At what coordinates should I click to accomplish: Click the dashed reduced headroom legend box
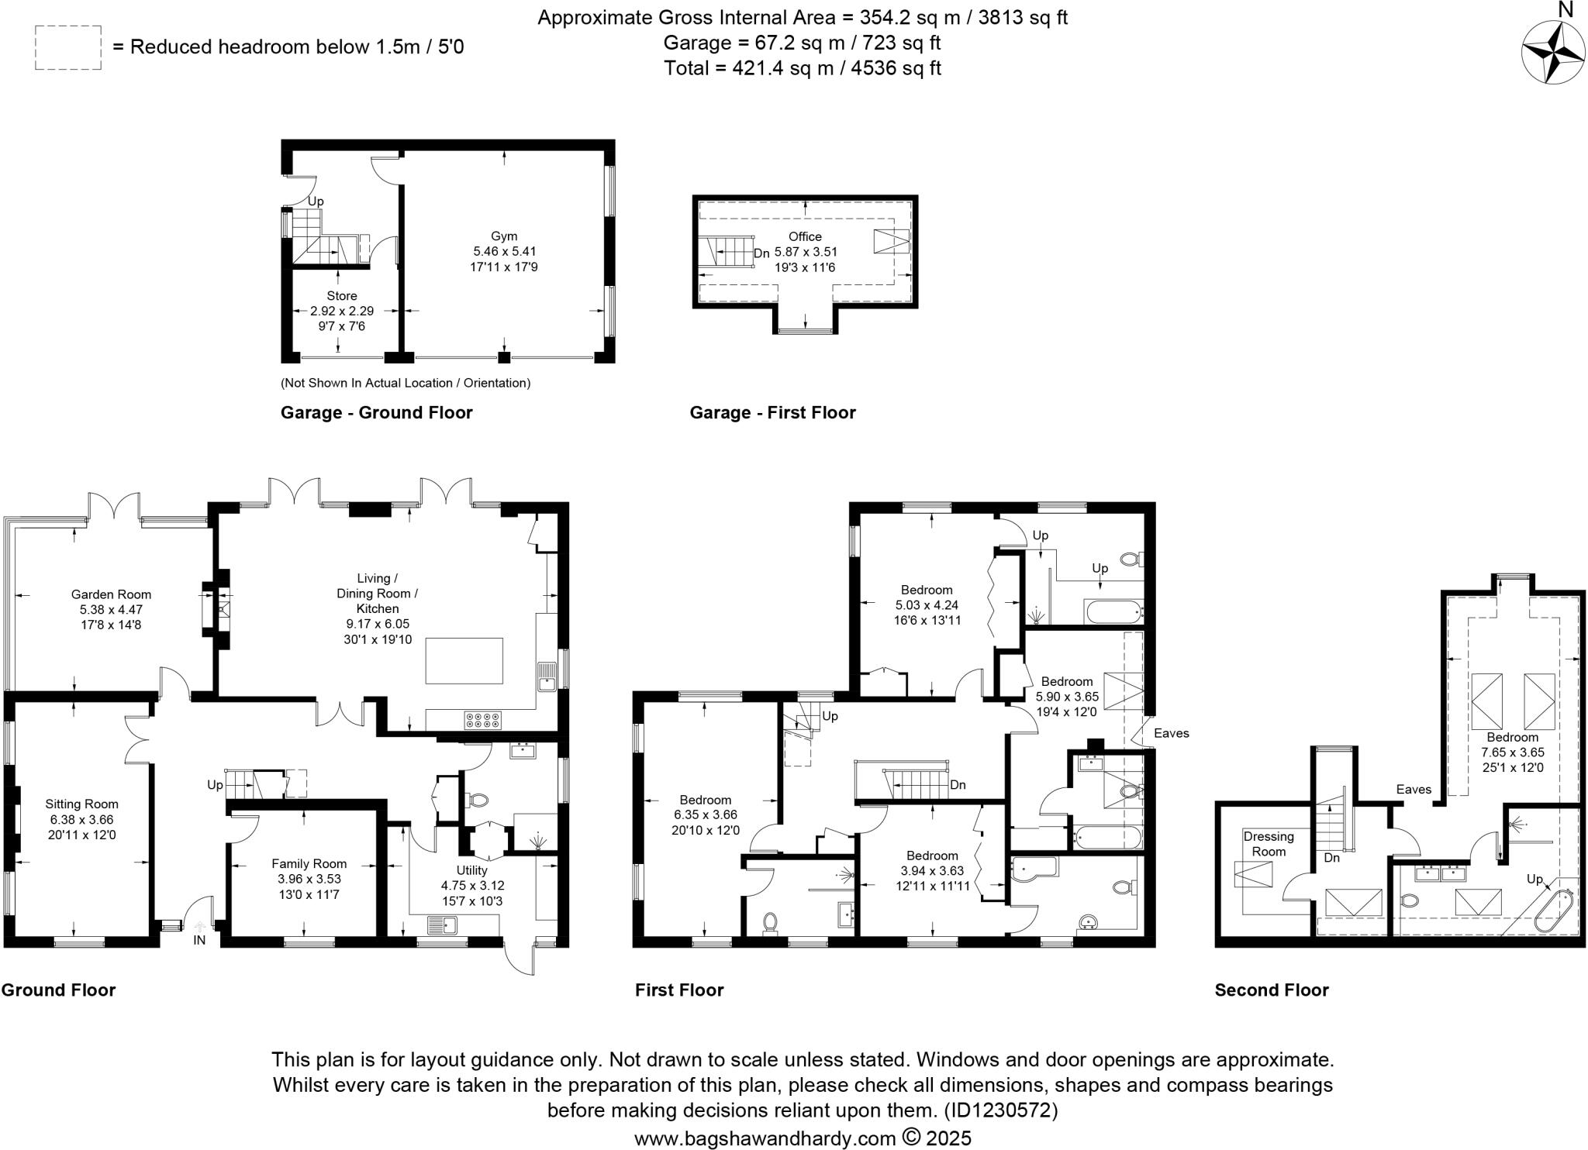point(68,48)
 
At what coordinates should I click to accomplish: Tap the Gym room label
point(504,236)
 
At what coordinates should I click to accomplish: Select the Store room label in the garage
point(342,296)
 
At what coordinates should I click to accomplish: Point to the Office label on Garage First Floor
point(805,236)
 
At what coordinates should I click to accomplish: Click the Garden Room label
point(111,594)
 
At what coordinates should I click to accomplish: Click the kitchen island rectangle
point(464,660)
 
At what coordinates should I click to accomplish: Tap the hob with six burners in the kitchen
point(482,720)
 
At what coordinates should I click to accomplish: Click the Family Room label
point(309,863)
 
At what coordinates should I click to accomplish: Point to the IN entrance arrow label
point(199,940)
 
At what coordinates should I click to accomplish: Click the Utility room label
point(471,870)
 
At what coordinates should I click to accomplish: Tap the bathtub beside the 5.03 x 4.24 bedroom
point(1113,612)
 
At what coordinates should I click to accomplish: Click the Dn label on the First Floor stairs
point(958,785)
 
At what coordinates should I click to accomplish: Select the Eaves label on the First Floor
point(1171,733)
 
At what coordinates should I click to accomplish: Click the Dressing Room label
point(1269,843)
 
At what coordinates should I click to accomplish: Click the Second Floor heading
point(1272,990)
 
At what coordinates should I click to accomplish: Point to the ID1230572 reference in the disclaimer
point(1000,1110)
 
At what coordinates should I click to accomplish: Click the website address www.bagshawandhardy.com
point(765,1138)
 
